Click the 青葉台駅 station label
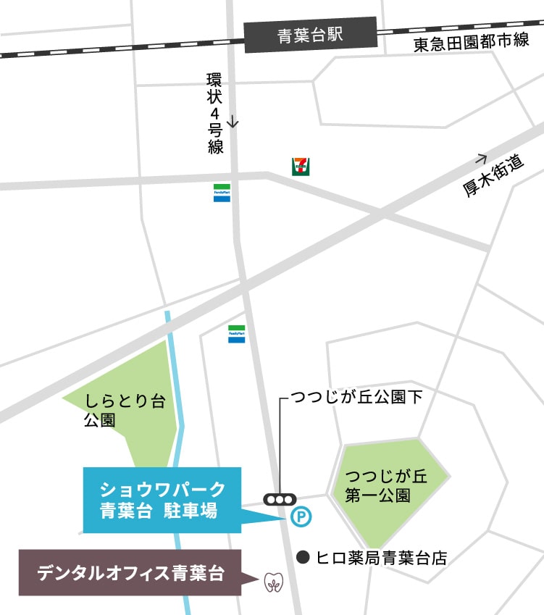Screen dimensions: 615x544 pos(310,36)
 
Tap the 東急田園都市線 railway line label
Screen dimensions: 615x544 pos(472,44)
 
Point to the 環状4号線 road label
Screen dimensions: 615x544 pos(214,113)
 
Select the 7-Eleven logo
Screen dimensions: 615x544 pos(300,167)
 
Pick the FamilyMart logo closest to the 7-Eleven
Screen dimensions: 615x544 pos(222,192)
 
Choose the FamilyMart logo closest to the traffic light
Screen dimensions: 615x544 pos(237,334)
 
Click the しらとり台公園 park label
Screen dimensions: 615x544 pos(119,409)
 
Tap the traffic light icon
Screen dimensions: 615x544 pos(280,499)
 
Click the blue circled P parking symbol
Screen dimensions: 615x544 pos(299,516)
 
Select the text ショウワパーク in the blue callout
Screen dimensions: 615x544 pos(162,488)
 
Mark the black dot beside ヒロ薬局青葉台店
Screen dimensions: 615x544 pos(304,557)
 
